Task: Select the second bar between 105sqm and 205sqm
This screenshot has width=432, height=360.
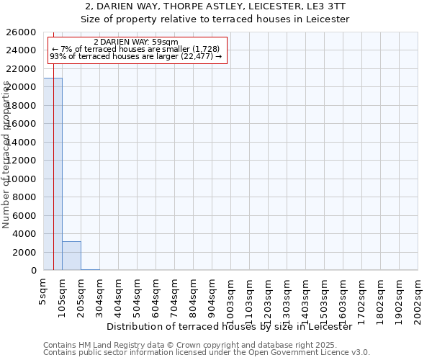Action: coord(71,256)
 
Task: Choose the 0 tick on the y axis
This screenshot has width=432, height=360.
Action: coord(34,271)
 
